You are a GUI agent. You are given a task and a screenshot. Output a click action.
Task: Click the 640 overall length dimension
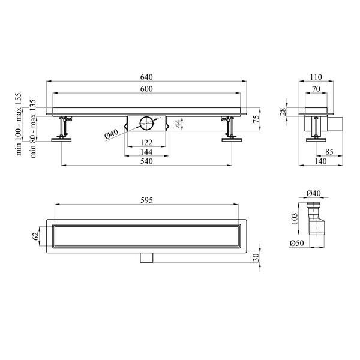(x=146, y=77)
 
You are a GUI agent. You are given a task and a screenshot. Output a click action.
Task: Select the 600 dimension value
(x=146, y=89)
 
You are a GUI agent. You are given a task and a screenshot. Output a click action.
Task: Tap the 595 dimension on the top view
(x=146, y=200)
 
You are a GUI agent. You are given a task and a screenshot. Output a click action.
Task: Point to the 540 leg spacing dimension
(x=146, y=161)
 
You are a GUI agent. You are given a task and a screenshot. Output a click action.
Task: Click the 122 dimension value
(x=146, y=143)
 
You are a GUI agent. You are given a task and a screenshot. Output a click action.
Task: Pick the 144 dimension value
(x=146, y=152)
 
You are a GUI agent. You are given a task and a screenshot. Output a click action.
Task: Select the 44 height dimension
(x=178, y=124)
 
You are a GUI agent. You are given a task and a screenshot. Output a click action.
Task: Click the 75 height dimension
(x=256, y=118)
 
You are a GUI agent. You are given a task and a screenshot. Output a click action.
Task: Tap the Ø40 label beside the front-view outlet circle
(x=112, y=134)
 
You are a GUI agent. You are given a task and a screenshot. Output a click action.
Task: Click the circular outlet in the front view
(x=146, y=123)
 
